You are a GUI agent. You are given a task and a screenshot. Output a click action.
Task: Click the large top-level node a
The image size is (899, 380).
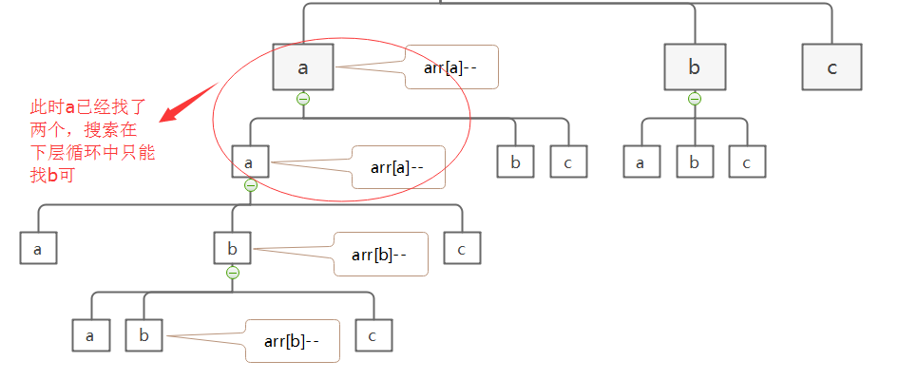click(303, 67)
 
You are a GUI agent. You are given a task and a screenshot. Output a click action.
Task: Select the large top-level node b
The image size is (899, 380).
click(694, 67)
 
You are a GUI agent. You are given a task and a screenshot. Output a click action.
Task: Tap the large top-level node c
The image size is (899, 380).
click(832, 67)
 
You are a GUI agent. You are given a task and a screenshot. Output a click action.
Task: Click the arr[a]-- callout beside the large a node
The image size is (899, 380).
click(451, 67)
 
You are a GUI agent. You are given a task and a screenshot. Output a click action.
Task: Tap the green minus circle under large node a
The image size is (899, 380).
click(303, 99)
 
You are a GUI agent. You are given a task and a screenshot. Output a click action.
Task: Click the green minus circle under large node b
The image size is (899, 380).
click(694, 99)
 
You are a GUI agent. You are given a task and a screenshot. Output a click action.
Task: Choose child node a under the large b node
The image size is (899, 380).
click(641, 162)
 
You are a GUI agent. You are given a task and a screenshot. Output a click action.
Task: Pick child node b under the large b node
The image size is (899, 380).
click(694, 162)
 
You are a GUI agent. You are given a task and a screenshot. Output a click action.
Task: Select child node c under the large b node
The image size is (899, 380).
click(747, 162)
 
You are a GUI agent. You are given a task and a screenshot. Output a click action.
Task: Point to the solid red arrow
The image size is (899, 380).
click(188, 103)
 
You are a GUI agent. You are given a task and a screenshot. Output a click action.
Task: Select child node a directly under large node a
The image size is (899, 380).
click(250, 161)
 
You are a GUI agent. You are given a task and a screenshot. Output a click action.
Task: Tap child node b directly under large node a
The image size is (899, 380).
click(515, 161)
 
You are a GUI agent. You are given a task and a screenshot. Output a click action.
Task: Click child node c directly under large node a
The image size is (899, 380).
click(568, 161)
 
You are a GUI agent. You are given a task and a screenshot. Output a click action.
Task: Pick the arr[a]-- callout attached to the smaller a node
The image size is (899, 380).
click(397, 168)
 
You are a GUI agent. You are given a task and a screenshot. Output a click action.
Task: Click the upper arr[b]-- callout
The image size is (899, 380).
click(380, 254)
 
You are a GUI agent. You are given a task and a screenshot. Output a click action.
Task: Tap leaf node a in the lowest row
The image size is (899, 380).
click(90, 335)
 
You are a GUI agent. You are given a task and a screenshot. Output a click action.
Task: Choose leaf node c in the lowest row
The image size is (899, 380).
click(373, 335)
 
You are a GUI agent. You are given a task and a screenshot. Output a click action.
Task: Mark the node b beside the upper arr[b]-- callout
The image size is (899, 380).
click(232, 250)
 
